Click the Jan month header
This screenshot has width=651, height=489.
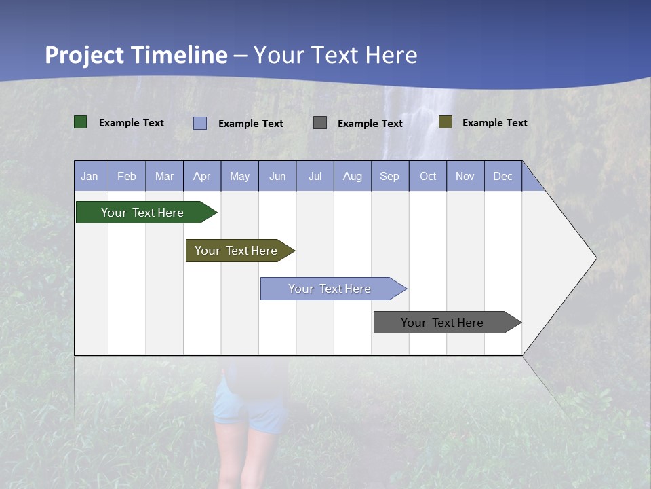pyautogui.click(x=90, y=177)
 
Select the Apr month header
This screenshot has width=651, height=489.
pyautogui.click(x=201, y=177)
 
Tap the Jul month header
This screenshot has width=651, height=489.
pyautogui.click(x=315, y=177)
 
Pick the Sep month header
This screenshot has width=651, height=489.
pyautogui.click(x=389, y=177)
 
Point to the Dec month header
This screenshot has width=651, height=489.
pyautogui.click(x=502, y=177)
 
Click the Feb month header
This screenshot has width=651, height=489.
pyautogui.click(x=127, y=177)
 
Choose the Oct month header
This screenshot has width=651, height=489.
pyautogui.click(x=428, y=177)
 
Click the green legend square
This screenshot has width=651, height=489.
pyautogui.click(x=81, y=122)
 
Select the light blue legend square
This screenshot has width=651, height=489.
pyautogui.click(x=200, y=123)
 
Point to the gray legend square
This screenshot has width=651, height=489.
pyautogui.click(x=320, y=122)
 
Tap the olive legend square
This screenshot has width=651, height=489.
pyautogui.click(x=445, y=122)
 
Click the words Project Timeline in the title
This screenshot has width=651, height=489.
pyautogui.click(x=136, y=55)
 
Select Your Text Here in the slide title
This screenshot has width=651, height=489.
pyautogui.click(x=336, y=55)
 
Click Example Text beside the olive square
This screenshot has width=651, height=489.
pyautogui.click(x=494, y=123)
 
